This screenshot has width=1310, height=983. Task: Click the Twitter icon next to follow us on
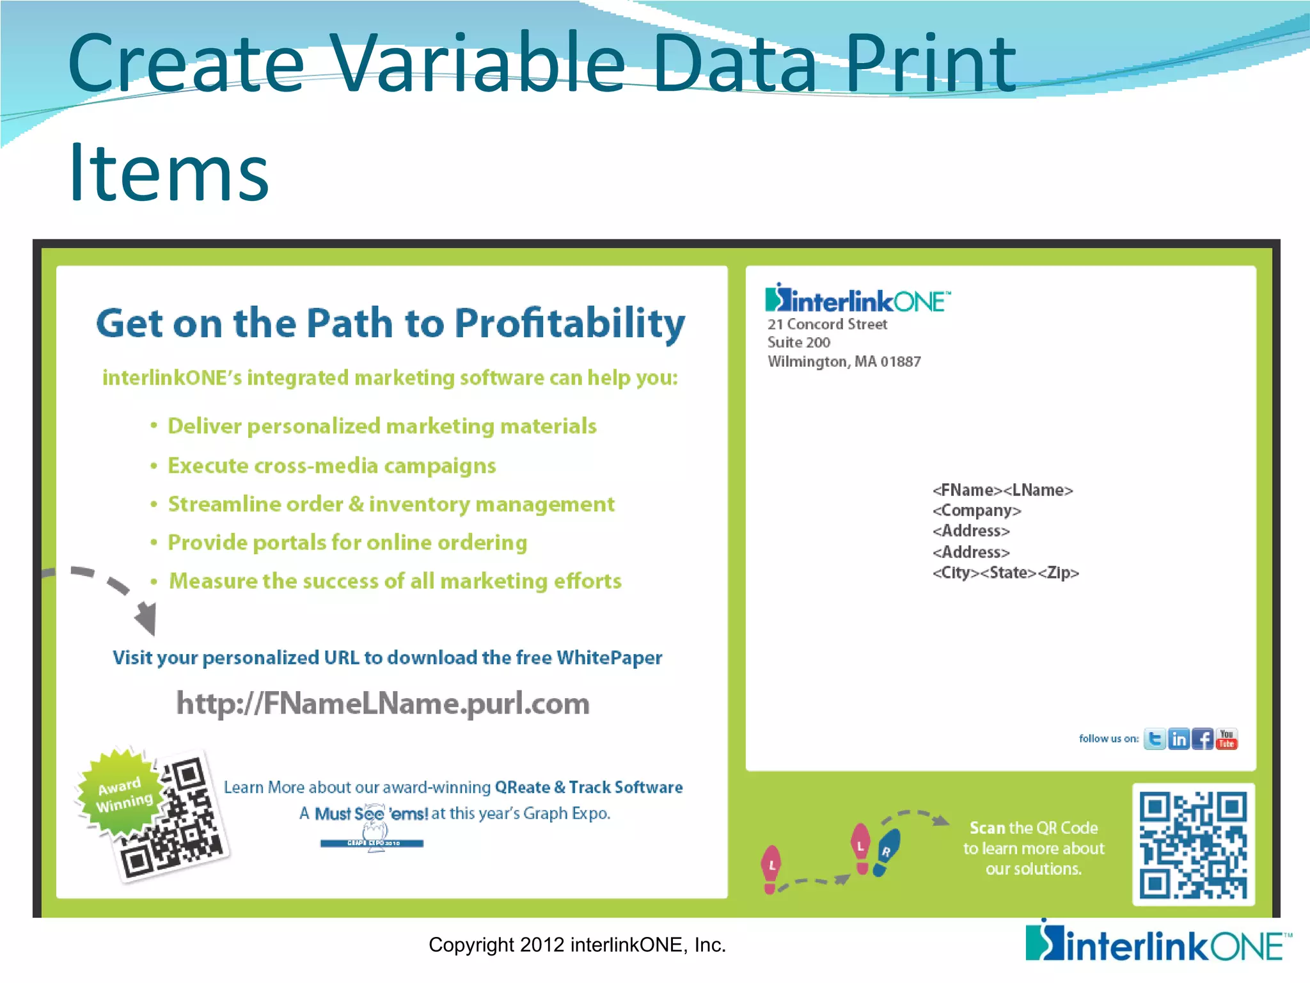tap(1155, 739)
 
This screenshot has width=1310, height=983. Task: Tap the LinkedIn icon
tap(1179, 739)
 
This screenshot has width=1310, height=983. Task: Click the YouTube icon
tap(1227, 739)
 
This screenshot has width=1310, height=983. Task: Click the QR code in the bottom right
tap(1193, 845)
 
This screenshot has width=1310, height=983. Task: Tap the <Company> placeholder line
tap(977, 511)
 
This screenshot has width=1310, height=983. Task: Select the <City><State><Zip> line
tap(1006, 573)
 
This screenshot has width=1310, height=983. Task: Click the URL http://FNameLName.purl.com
tap(383, 703)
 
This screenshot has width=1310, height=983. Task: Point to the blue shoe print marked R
tap(887, 852)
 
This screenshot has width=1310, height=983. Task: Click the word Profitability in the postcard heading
tap(569, 323)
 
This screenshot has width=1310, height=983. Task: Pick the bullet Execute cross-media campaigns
tap(331, 466)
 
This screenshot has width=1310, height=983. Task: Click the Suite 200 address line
tap(799, 343)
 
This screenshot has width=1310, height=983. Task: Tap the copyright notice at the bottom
tap(577, 945)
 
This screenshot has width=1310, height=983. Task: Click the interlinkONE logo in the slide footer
tap(1158, 943)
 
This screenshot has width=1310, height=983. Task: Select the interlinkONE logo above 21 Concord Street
tap(857, 300)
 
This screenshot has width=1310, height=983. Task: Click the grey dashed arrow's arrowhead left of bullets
tap(146, 618)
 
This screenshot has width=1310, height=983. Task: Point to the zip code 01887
tap(901, 362)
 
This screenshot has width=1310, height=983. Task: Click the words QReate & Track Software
tap(588, 787)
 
